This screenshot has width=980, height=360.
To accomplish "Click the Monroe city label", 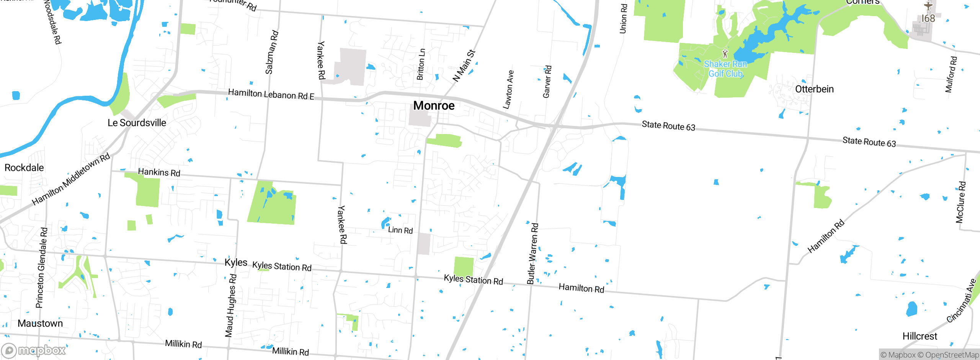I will [434, 105].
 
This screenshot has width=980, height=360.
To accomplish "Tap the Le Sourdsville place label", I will [137, 123].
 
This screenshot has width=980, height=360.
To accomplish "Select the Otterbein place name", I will [814, 89].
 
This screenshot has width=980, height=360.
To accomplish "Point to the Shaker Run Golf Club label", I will [725, 69].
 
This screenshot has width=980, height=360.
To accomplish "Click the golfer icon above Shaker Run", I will [725, 54].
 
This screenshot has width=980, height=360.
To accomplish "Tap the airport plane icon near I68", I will [928, 6].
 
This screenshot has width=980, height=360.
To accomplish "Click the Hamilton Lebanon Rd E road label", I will [271, 94].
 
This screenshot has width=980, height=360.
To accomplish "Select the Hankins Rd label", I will [159, 172].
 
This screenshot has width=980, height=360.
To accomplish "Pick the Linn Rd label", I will [400, 230].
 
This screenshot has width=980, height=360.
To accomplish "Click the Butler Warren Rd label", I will [532, 254].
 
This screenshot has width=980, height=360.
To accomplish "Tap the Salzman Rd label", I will [271, 52].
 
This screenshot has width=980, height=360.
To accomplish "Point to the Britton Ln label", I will [421, 64].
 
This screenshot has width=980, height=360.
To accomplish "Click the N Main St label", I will [464, 65].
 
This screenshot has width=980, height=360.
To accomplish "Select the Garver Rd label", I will [547, 82].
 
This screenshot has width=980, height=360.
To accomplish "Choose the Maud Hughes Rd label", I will [231, 305].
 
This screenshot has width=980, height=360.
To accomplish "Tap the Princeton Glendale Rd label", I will [42, 268].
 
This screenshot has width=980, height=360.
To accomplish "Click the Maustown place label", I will [40, 323].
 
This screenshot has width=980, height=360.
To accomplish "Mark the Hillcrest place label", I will [920, 336].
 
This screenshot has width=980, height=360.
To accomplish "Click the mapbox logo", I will [34, 350].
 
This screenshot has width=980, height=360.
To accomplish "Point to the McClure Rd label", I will [961, 202].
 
